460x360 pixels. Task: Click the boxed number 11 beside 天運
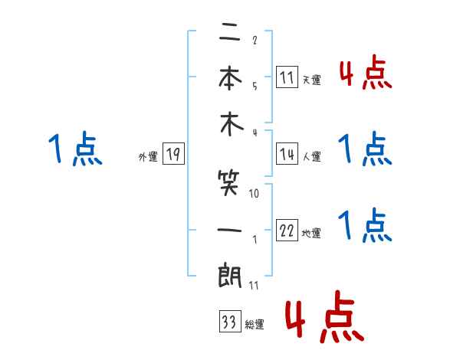(287, 77)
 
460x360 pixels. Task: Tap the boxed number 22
(287, 231)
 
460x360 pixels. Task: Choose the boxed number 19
(173, 155)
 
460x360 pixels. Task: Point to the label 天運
(311, 80)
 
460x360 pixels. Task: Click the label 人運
(311, 156)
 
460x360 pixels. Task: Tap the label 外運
(148, 157)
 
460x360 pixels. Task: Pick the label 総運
(254, 325)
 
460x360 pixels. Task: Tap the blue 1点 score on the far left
(74, 150)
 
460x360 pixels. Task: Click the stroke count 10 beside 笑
(254, 194)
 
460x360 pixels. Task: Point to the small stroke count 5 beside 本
(254, 87)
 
